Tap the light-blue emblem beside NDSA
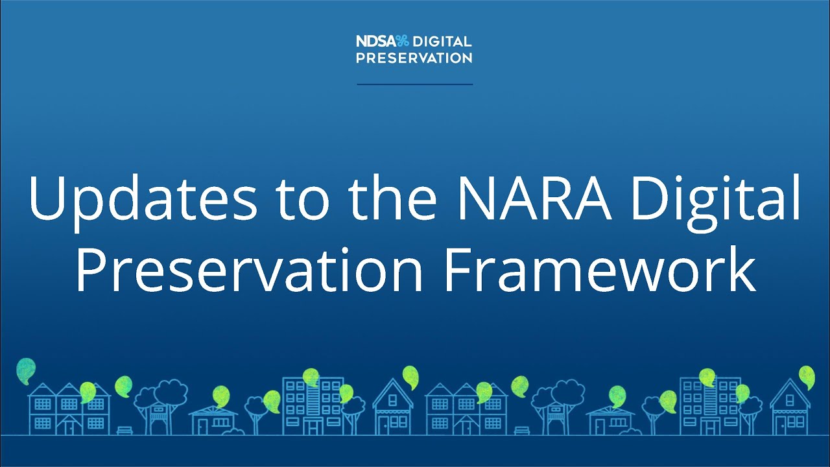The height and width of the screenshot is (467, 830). [403, 42]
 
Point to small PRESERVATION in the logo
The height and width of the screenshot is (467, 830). [414, 58]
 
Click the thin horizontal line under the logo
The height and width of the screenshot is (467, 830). [414, 84]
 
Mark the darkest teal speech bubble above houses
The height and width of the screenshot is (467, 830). [26, 368]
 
